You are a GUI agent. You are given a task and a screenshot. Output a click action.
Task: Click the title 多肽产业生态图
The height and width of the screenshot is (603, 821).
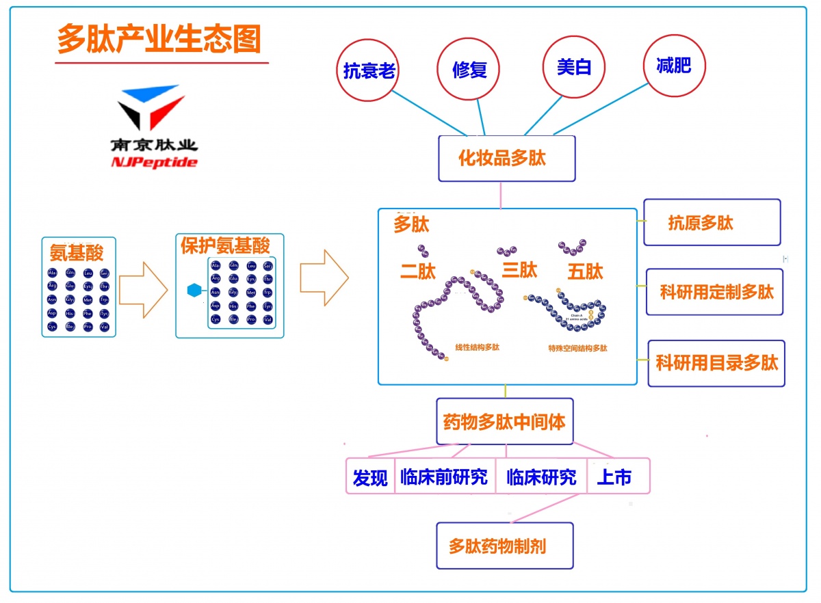[159, 39]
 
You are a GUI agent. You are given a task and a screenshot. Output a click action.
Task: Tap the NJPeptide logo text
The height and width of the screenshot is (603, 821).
[154, 163]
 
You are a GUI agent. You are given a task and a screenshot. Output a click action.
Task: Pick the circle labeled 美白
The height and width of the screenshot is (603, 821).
[573, 67]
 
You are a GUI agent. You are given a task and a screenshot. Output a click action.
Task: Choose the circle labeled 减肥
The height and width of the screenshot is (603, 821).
[674, 66]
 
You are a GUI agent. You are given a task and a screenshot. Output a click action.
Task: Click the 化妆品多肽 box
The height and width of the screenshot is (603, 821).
[506, 159]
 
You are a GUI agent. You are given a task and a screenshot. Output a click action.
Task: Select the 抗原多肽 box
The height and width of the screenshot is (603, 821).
[712, 222]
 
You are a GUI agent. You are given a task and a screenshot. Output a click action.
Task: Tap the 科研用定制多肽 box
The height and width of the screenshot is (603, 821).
[714, 292]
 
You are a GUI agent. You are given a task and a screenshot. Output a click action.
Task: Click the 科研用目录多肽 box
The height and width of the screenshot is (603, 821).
[716, 363]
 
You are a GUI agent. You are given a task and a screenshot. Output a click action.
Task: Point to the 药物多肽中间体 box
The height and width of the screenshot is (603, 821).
[505, 422]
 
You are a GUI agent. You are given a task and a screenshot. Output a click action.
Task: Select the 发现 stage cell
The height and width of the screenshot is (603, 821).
[370, 477]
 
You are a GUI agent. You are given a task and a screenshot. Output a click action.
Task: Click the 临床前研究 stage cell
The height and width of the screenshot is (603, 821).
[444, 477]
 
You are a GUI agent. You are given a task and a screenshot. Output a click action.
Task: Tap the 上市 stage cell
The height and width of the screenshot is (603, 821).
[615, 477]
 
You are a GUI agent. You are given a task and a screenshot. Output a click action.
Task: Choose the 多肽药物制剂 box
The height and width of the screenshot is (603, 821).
[505, 546]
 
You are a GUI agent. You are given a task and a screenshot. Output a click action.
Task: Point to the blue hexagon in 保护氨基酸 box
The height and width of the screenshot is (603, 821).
[195, 291]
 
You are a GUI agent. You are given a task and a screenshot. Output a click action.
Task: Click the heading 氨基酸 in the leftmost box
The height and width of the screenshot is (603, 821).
[77, 253]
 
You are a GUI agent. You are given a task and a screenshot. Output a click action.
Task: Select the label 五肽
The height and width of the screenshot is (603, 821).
[585, 271]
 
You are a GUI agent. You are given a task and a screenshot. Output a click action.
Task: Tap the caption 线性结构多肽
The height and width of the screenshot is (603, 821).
[478, 347]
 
